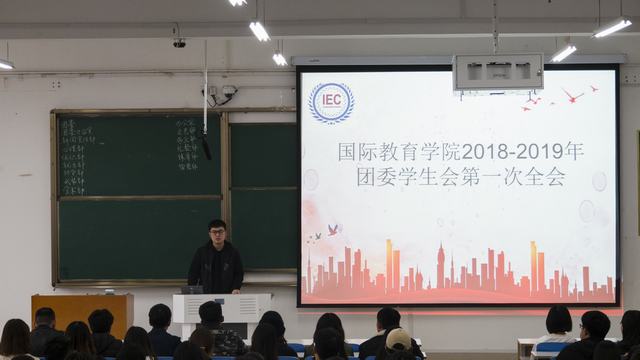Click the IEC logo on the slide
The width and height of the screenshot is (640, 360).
click(331, 103)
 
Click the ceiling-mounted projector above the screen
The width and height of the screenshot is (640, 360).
click(497, 72)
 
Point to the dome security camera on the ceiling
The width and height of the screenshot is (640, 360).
click(179, 42)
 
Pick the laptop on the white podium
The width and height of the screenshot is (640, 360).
click(193, 289)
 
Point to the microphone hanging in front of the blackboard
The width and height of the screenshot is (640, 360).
click(207, 148)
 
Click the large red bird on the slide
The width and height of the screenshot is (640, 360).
click(572, 96)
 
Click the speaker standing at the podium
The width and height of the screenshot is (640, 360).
click(216, 259)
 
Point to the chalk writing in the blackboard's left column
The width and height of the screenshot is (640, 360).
click(77, 156)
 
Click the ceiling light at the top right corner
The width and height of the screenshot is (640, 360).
click(612, 27)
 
